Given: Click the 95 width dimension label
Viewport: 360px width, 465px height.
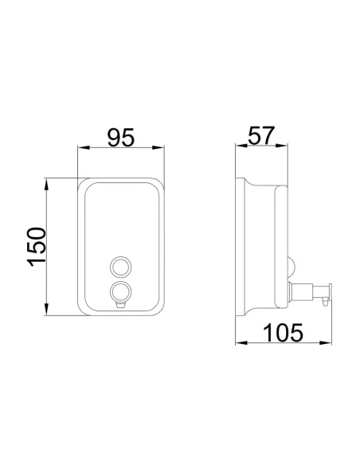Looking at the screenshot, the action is (121, 137).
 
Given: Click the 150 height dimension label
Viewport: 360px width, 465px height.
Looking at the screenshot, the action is (37, 247).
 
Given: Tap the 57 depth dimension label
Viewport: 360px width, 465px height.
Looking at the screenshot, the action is (261, 135).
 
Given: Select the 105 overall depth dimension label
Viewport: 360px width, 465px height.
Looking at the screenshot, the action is (283, 333).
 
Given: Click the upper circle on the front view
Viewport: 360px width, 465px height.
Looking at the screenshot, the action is (120, 267).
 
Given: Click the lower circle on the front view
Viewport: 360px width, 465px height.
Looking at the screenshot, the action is (120, 291).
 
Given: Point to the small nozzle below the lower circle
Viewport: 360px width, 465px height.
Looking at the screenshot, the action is (120, 305).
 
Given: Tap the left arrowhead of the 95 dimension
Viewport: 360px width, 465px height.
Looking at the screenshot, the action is (84, 147).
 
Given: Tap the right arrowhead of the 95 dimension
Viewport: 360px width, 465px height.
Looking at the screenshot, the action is (158, 147).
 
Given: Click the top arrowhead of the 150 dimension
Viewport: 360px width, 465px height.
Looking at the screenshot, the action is (46, 185).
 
